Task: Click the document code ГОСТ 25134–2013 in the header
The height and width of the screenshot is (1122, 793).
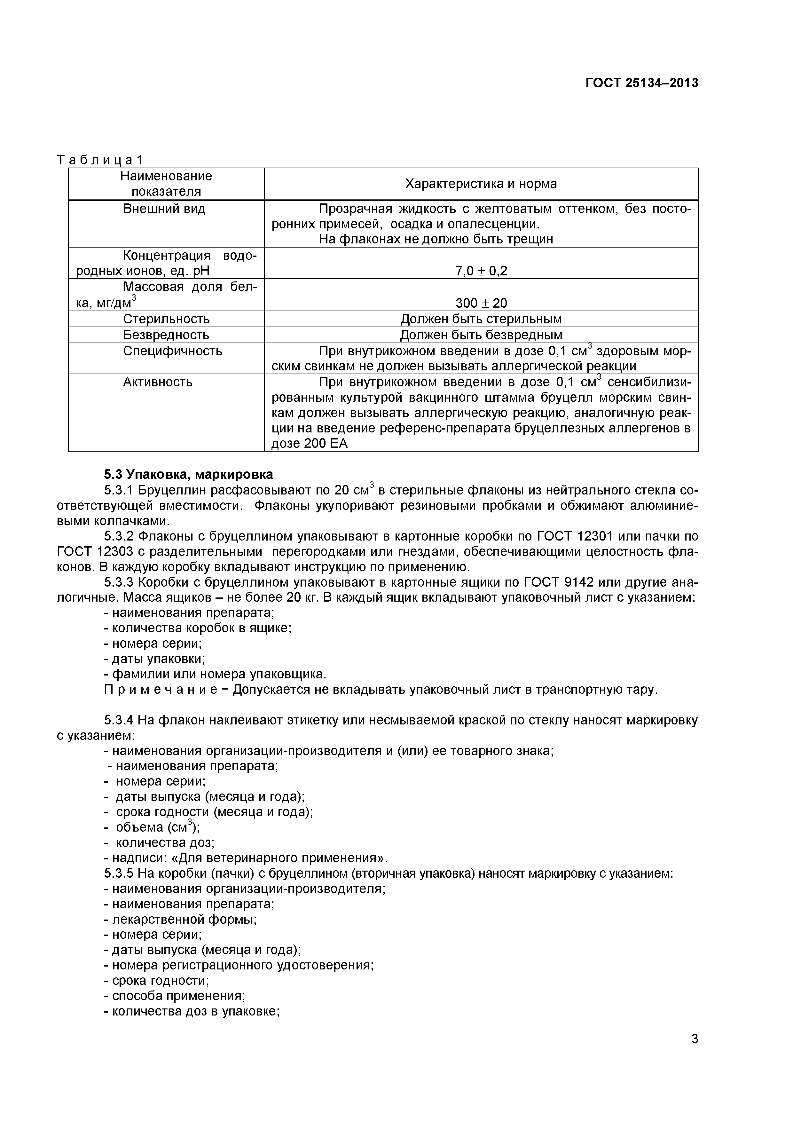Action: [641, 83]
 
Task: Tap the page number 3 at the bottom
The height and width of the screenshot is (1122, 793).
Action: [694, 1052]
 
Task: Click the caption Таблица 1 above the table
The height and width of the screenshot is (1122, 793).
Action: [100, 160]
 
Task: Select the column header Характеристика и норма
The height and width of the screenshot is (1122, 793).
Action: [481, 184]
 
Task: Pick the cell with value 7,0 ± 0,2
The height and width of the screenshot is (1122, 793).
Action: [481, 271]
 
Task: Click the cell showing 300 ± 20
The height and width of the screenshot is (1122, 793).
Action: [481, 303]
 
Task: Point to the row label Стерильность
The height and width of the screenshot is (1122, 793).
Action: [166, 319]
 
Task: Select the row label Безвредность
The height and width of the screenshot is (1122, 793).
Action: [166, 335]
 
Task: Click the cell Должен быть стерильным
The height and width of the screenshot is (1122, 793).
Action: [481, 319]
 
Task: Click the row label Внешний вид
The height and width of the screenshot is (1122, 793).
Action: [164, 209]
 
